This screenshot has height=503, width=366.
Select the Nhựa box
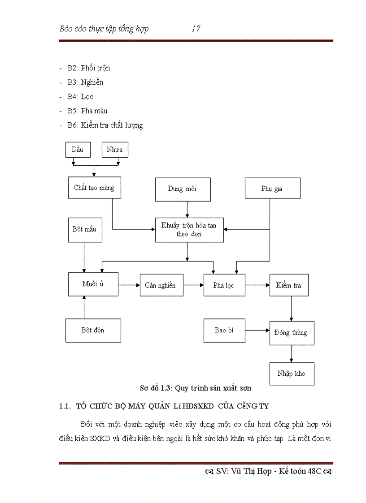point(115,150)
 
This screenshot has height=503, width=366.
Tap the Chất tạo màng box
point(94,188)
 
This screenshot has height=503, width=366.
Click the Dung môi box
point(182,189)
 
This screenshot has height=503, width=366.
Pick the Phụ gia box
point(272,189)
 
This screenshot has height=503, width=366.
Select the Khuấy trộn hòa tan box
point(189,230)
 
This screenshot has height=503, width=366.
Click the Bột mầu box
point(84,229)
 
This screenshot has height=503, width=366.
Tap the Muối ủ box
point(93,284)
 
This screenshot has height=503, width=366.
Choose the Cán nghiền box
point(161,285)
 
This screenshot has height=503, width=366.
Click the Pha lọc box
point(224,285)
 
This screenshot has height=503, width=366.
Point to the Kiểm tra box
point(289,285)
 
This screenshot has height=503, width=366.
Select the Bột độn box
point(93,330)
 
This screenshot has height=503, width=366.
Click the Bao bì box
point(224,330)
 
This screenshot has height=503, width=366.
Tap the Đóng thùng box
point(292,333)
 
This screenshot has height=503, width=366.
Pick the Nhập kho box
point(292,373)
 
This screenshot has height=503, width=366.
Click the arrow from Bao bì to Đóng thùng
point(257,331)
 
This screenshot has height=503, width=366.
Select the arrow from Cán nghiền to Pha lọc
point(193,285)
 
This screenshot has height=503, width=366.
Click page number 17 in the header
point(196,29)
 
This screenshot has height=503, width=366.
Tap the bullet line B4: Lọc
point(80,96)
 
